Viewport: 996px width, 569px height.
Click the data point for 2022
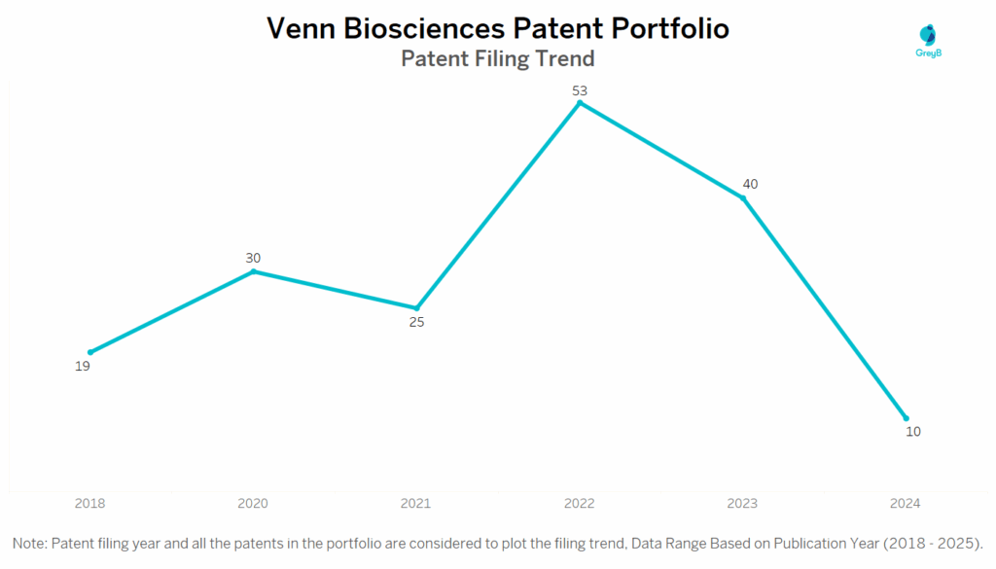(580, 102)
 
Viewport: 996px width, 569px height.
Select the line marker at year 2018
(90, 352)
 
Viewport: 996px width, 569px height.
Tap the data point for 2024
(907, 418)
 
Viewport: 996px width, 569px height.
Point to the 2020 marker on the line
(254, 271)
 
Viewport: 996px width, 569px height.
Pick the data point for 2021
(416, 308)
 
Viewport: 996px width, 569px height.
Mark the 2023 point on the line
(743, 198)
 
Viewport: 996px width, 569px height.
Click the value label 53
(580, 91)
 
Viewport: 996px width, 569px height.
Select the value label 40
(750, 184)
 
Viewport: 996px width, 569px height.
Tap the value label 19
(82, 367)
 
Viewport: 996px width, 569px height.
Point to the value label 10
(912, 432)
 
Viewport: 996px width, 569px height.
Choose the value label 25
(416, 322)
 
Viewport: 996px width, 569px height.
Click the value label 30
(253, 258)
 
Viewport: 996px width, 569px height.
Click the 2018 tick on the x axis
(90, 503)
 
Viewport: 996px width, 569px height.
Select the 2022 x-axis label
(580, 503)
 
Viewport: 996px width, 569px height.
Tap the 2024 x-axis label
(905, 503)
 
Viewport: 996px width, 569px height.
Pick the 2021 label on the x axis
(416, 503)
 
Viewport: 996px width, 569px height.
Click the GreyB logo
(930, 40)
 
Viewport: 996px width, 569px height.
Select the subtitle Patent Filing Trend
(497, 58)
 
